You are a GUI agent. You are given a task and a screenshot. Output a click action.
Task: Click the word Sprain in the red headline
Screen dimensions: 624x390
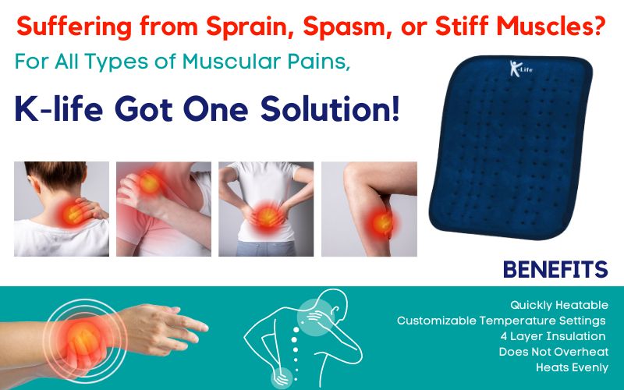251,27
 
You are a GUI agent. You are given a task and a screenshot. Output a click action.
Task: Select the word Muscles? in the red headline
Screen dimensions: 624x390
551,27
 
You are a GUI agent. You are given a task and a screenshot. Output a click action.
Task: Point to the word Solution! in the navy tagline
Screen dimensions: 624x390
330,109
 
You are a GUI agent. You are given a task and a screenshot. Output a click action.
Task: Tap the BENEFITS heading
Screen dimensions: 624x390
555,269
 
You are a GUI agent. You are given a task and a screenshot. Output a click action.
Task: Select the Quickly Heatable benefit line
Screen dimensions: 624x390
559,305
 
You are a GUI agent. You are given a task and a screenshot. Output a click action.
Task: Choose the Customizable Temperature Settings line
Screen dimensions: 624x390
501,321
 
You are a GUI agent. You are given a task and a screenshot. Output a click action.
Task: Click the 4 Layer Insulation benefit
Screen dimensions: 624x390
553,336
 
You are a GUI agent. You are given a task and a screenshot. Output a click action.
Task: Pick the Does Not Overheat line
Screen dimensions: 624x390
554,352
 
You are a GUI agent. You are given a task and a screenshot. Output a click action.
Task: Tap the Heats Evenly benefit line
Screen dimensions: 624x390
572,367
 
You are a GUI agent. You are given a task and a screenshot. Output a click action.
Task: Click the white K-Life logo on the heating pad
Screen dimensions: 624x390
520,69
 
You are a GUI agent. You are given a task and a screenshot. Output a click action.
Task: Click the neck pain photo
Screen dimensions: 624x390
62,209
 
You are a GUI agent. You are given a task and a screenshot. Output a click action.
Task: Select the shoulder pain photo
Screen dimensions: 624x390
164,209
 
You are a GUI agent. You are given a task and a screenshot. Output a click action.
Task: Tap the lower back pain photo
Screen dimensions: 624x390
266,209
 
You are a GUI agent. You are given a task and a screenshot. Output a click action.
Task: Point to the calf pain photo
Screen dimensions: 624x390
369,209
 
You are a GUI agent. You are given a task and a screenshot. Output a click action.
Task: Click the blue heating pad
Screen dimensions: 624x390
511,147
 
